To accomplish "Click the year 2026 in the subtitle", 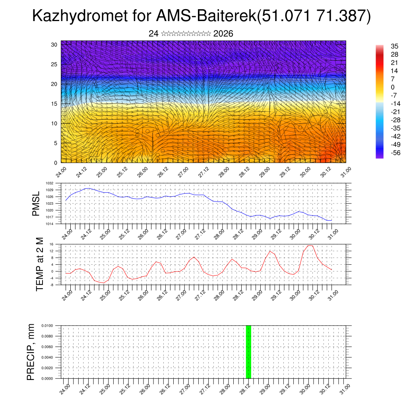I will coord(223,34).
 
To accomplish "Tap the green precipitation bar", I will coord(248,352).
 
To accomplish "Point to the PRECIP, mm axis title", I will coord(31,352).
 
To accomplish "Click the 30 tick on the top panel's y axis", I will coord(54,45).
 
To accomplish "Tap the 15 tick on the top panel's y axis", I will coord(54,104).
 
